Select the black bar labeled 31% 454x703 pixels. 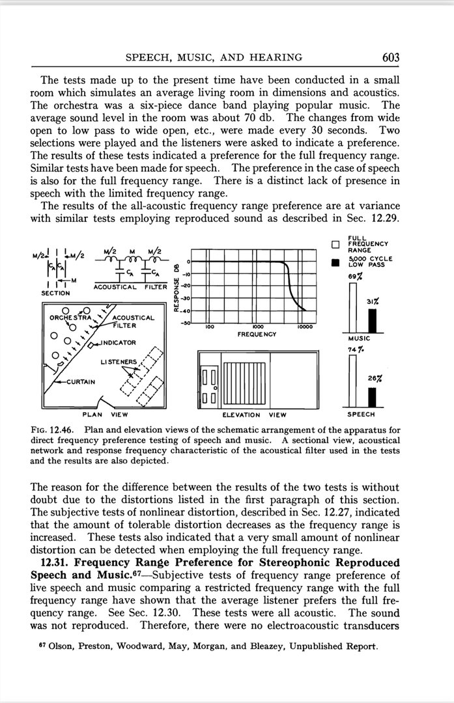[373, 320]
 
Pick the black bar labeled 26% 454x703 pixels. [373, 397]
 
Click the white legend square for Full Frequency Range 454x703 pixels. [335, 245]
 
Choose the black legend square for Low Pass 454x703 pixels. [335, 264]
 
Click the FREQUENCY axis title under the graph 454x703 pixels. [258, 334]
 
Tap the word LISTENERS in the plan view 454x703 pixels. [119, 361]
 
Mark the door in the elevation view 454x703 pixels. [211, 387]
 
